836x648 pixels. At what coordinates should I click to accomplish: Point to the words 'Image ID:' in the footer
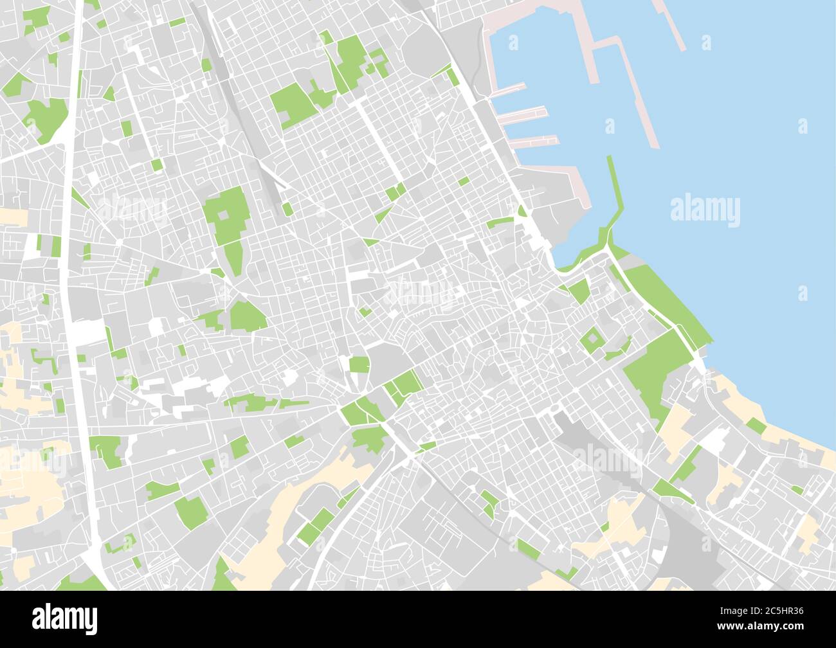point(729,609)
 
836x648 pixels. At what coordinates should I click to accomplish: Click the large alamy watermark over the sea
point(705,210)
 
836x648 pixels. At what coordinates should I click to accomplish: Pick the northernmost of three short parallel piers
point(508,89)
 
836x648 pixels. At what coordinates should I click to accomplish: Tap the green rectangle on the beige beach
point(756,426)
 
